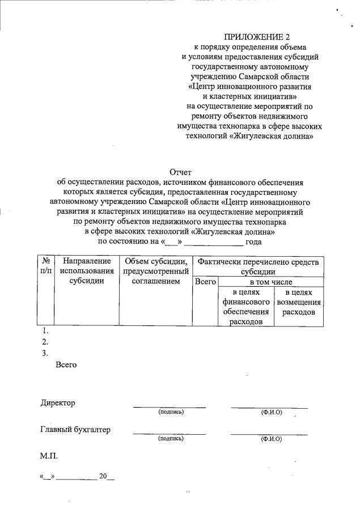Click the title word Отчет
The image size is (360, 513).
point(181,172)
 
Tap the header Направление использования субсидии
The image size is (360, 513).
point(86,271)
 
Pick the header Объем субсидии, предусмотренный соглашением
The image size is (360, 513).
point(155,271)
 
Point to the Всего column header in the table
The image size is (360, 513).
point(204,282)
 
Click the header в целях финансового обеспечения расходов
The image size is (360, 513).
point(245,307)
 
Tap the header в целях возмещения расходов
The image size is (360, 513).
point(298,302)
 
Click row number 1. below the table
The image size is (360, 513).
point(45,331)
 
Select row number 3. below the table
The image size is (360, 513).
point(45,353)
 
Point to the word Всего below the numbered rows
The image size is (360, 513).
point(66,365)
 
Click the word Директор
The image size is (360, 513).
point(57,403)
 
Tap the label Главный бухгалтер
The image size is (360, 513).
point(75,430)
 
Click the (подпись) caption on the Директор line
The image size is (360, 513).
point(171,412)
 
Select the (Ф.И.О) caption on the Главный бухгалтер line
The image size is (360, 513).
point(271,439)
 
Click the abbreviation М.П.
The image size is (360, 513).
point(49,455)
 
